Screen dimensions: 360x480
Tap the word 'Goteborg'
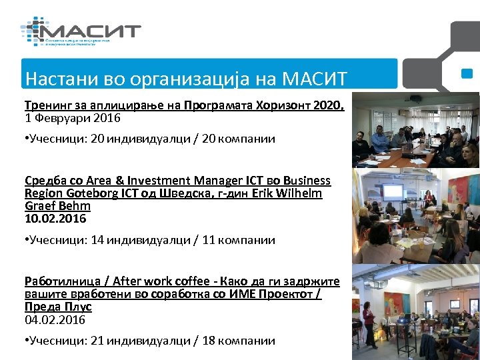[99, 193]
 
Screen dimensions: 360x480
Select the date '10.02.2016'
[55, 219]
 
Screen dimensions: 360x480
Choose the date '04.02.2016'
[55, 320]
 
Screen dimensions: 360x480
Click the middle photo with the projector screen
[415, 214]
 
